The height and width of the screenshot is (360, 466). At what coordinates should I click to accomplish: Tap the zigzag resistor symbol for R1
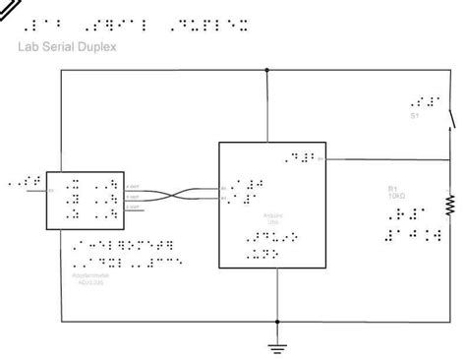click(x=450, y=204)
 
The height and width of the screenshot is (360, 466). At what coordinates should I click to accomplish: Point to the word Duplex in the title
click(x=97, y=45)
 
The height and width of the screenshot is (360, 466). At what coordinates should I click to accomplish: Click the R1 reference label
click(x=391, y=188)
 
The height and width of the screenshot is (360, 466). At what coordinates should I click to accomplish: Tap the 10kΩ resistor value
click(x=394, y=196)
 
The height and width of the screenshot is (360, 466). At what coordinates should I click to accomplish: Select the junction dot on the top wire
click(x=267, y=71)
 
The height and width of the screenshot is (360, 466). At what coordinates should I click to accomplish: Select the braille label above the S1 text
click(x=421, y=101)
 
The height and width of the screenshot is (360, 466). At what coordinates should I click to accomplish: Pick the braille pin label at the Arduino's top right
click(x=300, y=156)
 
